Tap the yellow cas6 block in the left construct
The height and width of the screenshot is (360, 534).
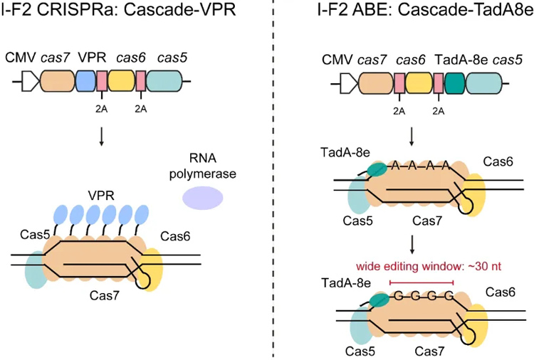[121, 83]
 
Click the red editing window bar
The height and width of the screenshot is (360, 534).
[422, 283]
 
